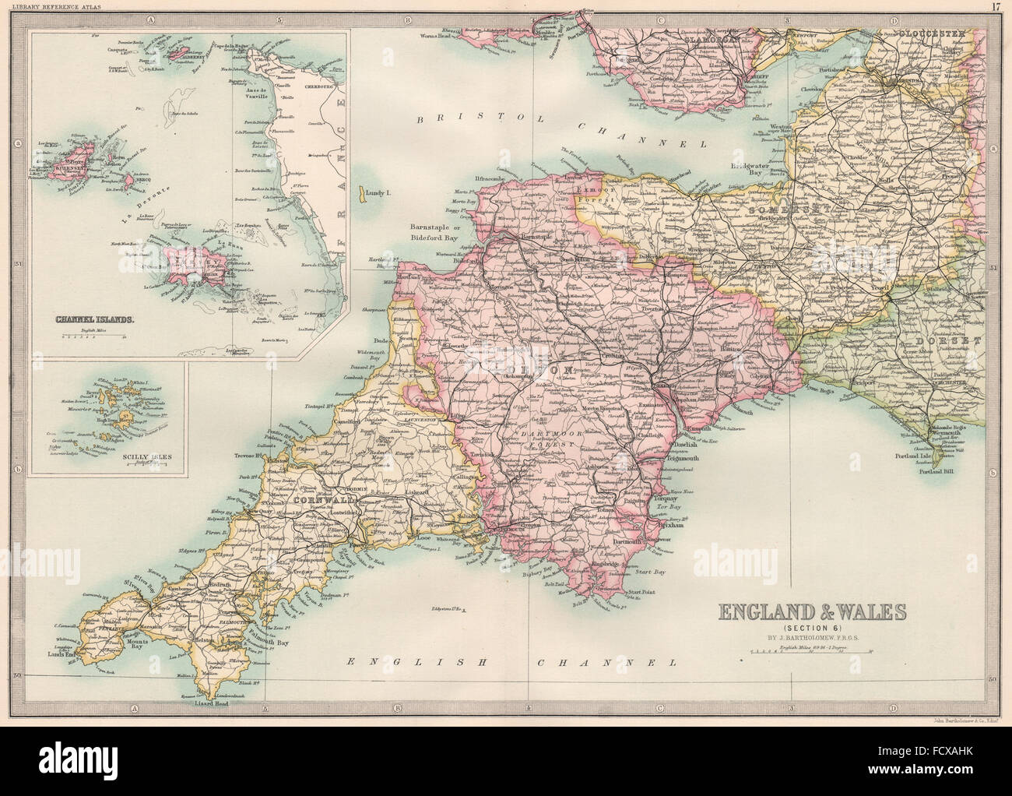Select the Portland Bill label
pos(943,471)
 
